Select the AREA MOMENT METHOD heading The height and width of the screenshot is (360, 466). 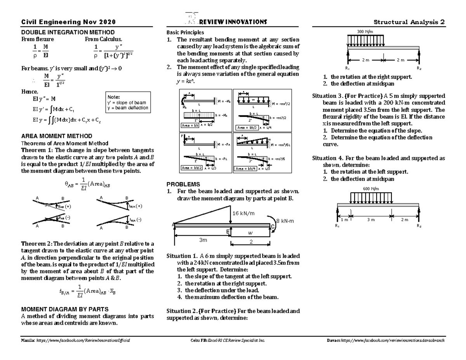56,136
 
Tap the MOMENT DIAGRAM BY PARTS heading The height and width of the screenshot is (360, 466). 64,310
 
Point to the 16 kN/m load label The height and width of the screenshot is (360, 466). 243,213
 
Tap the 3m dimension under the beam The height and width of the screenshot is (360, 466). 203,240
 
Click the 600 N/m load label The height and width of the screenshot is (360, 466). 370,188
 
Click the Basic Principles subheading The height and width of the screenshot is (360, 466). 185,33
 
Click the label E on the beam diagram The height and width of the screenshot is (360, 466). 228,231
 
